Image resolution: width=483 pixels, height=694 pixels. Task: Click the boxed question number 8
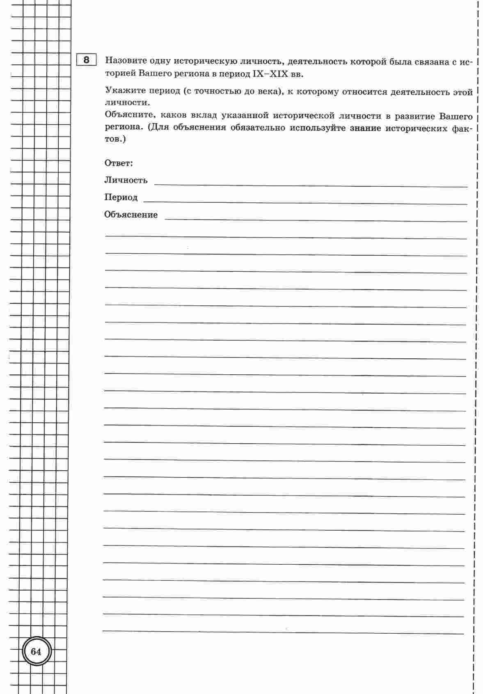click(x=86, y=60)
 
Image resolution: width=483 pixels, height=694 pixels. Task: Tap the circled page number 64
click(x=36, y=652)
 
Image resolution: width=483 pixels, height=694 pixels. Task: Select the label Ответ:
click(x=119, y=163)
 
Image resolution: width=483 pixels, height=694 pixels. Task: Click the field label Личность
click(x=126, y=180)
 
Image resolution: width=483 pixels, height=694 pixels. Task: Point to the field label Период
click(x=121, y=197)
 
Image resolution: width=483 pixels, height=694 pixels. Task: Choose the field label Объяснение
click(x=130, y=215)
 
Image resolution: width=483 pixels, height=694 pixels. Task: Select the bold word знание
click(x=365, y=128)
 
